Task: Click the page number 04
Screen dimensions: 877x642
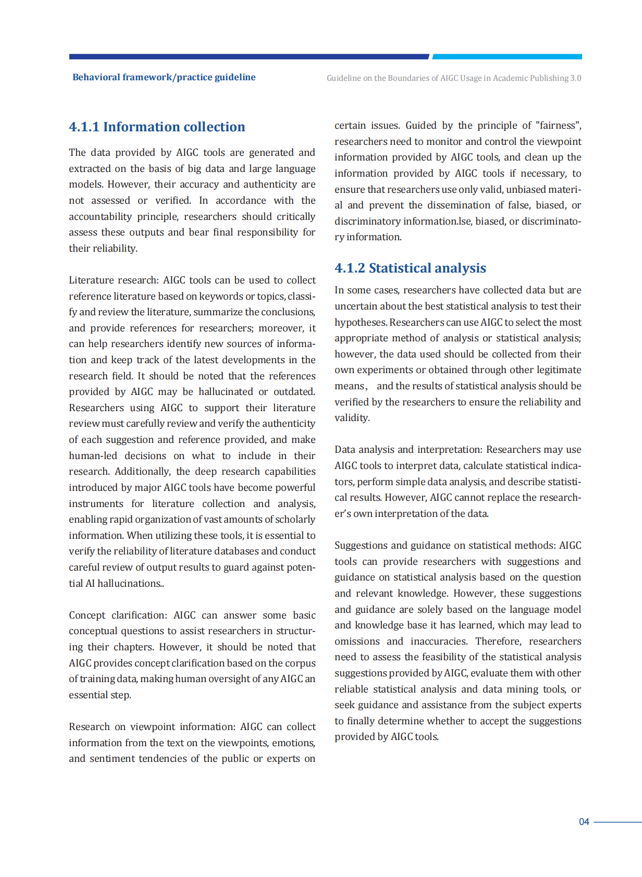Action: (x=584, y=822)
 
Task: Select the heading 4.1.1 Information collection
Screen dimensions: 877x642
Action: (x=157, y=127)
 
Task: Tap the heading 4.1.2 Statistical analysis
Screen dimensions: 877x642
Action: (x=410, y=268)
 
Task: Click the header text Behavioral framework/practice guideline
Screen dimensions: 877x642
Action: (x=164, y=77)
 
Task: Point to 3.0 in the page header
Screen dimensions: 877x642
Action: (x=575, y=78)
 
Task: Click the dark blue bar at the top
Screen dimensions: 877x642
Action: (x=249, y=56)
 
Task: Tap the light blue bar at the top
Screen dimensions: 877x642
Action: (x=507, y=56)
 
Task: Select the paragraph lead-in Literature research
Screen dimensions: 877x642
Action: (x=113, y=280)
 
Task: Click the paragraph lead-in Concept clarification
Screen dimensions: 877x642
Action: (x=118, y=615)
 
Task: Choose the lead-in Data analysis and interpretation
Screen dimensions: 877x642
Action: (x=409, y=450)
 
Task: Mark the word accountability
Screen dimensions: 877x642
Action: (x=100, y=217)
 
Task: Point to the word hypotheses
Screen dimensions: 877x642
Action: (x=361, y=323)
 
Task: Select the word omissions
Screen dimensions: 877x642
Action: (x=357, y=641)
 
